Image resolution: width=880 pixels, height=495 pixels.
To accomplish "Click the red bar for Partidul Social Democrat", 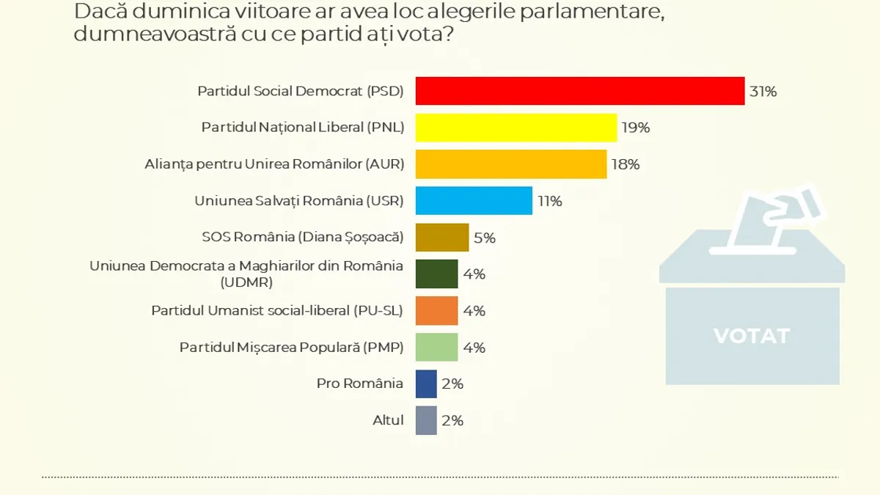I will (580, 91).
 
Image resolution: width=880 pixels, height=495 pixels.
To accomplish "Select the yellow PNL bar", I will (516, 128).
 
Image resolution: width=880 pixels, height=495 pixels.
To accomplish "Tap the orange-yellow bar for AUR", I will (511, 164).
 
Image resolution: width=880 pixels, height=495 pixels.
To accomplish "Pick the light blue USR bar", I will (474, 201).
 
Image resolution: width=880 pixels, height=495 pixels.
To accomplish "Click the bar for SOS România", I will (442, 238).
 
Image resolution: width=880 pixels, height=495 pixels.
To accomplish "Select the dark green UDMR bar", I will (436, 274).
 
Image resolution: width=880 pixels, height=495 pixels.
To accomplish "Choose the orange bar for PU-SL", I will (436, 311).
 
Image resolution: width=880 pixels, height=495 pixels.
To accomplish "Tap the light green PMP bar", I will (436, 348).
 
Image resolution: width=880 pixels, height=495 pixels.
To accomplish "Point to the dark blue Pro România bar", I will (426, 384).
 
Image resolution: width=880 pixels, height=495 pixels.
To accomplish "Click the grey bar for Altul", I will (426, 420).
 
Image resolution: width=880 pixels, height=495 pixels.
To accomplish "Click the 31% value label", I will (763, 92).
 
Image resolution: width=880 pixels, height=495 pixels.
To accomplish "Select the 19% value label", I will (636, 128).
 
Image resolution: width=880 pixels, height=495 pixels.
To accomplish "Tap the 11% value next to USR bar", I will (550, 201).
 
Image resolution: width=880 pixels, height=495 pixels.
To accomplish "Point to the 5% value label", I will (485, 238).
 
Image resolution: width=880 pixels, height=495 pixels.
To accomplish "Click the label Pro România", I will (359, 384).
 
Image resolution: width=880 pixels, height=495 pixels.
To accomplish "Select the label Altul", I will (388, 420).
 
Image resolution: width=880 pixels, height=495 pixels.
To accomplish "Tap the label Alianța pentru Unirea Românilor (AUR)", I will (274, 164).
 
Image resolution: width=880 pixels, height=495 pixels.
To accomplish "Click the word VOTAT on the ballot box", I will (752, 336).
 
